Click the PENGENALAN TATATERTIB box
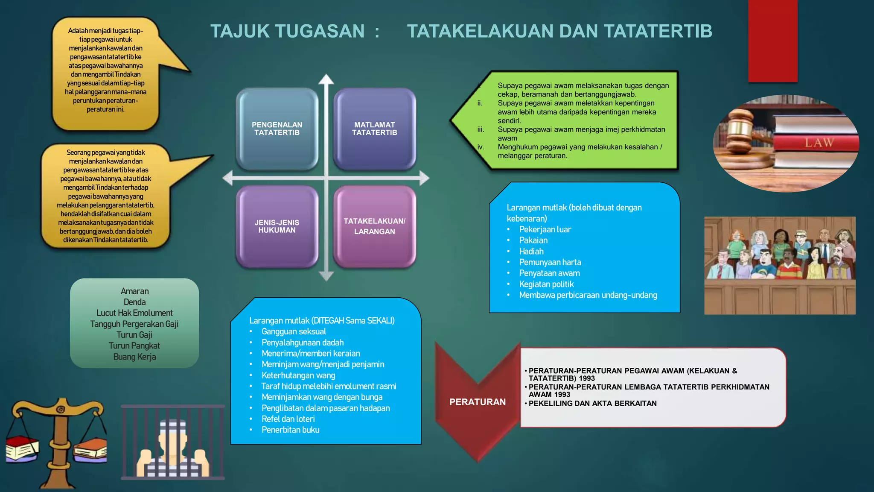277,129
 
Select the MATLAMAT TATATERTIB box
374,129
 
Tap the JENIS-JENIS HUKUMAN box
277,226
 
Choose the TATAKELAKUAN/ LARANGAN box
374,226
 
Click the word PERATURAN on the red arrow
477,402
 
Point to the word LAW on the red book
819,143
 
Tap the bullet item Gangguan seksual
294,331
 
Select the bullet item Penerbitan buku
290,430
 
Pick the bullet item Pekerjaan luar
545,230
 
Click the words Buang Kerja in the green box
134,357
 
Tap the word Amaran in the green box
134,291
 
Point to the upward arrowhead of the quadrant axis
326,79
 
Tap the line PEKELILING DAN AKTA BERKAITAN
592,404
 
